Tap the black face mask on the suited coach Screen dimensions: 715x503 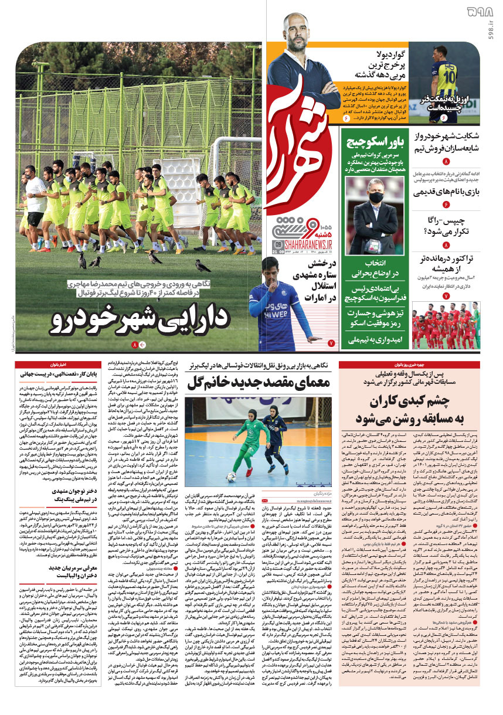pos(375,197)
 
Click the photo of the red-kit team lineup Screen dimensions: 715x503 pos(446,325)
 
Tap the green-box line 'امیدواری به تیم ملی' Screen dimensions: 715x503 pos(372,339)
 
